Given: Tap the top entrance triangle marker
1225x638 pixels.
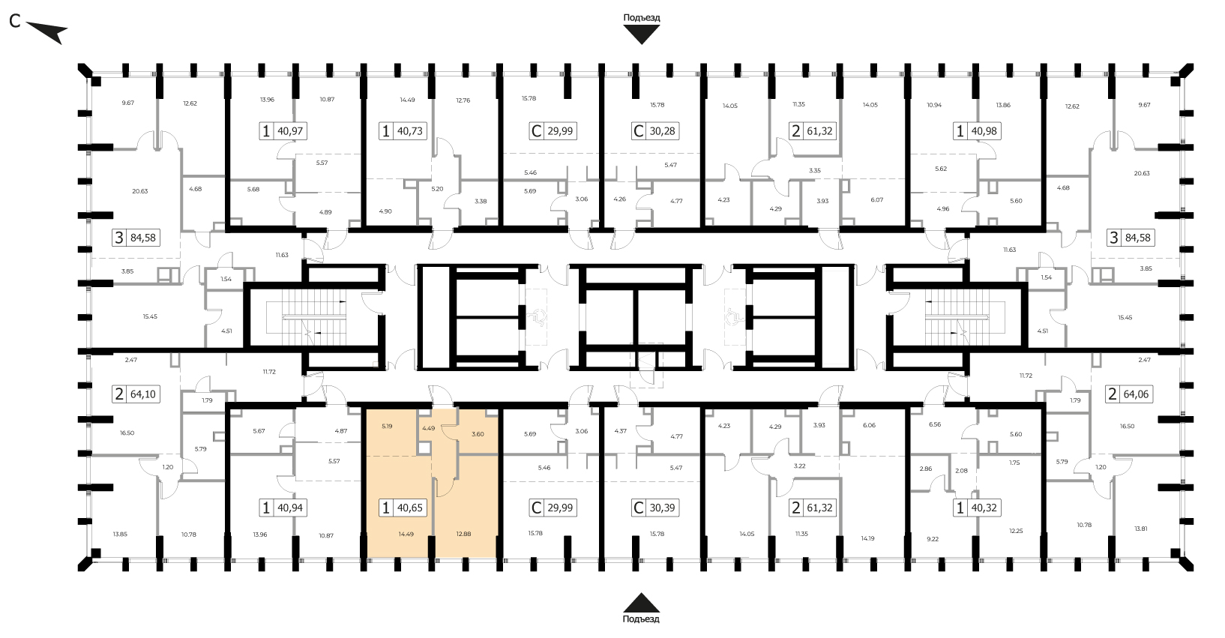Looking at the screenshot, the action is click(x=642, y=35).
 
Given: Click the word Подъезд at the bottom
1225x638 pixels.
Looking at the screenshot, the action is click(x=641, y=619).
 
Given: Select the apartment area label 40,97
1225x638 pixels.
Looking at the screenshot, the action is click(x=290, y=131).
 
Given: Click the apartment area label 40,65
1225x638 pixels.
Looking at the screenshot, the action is click(x=409, y=508).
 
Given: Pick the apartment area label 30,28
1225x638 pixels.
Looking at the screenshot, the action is click(x=662, y=131).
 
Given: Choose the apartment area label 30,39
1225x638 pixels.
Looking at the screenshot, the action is click(x=662, y=508).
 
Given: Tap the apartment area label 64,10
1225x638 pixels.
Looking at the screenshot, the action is click(x=142, y=394).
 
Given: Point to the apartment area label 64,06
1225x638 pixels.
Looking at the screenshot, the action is click(x=1136, y=394).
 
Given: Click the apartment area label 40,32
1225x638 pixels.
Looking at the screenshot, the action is click(x=984, y=508).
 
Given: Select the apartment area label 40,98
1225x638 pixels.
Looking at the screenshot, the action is click(x=984, y=131).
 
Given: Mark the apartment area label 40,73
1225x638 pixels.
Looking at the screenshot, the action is click(x=409, y=131).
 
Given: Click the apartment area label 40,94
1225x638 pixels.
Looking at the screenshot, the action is click(x=290, y=508).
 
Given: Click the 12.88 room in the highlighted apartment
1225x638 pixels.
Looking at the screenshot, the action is click(x=463, y=534).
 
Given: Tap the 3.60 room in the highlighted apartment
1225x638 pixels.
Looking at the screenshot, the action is click(x=478, y=434).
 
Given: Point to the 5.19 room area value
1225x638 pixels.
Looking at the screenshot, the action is click(x=387, y=426).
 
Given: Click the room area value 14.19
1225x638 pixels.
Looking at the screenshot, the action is click(x=868, y=538).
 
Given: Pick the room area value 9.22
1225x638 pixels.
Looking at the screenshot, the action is click(x=933, y=538).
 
